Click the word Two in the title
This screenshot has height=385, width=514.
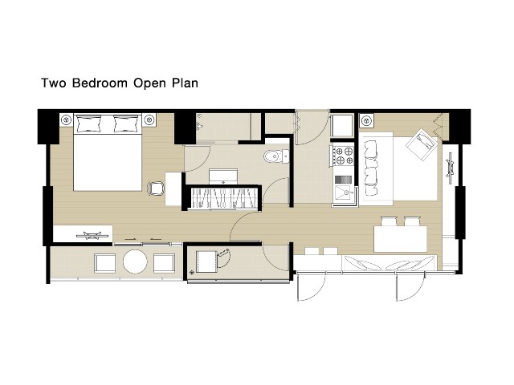(x=54, y=83)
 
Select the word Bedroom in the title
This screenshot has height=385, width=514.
(x=100, y=83)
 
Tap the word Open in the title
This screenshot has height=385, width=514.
(x=149, y=83)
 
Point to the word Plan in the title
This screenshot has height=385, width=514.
(x=186, y=83)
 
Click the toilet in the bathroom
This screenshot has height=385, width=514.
(x=276, y=156)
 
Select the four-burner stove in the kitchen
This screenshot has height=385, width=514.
(x=343, y=156)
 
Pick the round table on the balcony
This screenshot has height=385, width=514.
(x=135, y=262)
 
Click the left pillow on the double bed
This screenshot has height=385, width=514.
(x=88, y=124)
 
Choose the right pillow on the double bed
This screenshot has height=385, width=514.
(x=126, y=124)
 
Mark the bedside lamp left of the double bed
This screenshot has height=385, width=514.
(x=67, y=120)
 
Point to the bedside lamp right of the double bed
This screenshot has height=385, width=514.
(x=149, y=120)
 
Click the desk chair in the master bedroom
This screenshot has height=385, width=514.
(x=156, y=189)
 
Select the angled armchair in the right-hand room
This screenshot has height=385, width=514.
(x=422, y=144)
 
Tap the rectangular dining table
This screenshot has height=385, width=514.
(x=400, y=239)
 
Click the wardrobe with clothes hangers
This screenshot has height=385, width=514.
(x=224, y=197)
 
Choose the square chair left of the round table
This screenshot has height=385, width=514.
(x=105, y=263)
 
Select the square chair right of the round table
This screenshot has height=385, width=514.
(x=164, y=263)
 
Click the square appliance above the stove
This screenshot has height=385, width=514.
(x=342, y=125)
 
